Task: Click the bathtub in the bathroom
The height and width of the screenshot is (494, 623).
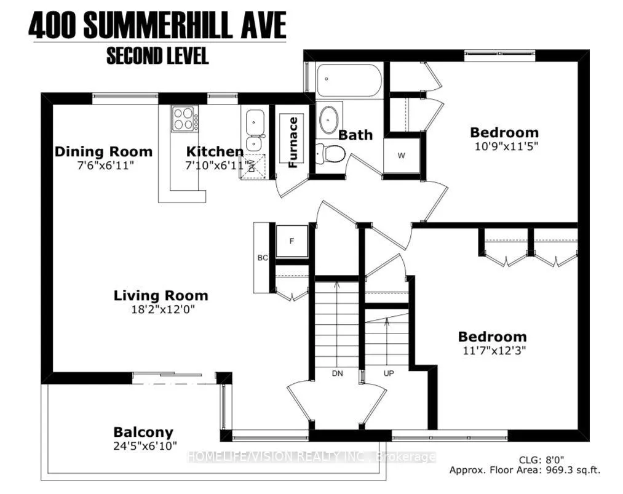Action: click(x=349, y=80)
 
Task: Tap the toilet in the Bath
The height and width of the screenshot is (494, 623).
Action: click(x=331, y=153)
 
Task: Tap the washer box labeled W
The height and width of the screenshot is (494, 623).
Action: click(x=402, y=156)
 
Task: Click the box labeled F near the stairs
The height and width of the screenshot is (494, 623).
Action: click(x=292, y=241)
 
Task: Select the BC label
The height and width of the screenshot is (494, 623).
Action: click(x=262, y=258)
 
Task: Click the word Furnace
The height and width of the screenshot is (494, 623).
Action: click(x=293, y=142)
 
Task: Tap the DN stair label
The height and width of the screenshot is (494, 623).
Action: click(x=337, y=373)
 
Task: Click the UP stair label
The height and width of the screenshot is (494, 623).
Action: click(x=389, y=373)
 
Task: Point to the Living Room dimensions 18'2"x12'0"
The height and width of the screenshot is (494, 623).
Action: click(x=163, y=309)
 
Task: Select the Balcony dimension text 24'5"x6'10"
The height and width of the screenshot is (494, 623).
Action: click(x=145, y=446)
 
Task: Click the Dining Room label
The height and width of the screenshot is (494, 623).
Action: click(x=103, y=151)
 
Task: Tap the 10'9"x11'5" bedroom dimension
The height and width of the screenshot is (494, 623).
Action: click(x=506, y=146)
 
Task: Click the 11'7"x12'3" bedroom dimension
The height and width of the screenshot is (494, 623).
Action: click(x=494, y=351)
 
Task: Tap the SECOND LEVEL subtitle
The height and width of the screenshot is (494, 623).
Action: click(x=157, y=56)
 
